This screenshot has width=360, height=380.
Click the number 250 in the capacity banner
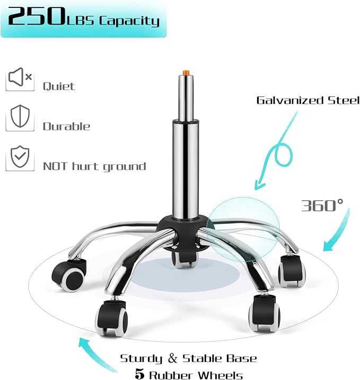tap(36, 16)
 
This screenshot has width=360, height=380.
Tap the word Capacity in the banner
tap(129, 21)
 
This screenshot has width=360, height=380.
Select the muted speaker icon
tap(20, 77)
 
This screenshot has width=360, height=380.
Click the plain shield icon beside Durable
tap(20, 116)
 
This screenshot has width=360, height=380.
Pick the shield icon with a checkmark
tap(20, 156)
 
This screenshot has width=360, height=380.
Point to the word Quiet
tap(59, 86)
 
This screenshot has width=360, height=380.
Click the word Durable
tap(66, 126)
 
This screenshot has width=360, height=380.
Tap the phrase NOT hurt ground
tap(94, 167)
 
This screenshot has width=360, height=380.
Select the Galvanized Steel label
tap(308, 100)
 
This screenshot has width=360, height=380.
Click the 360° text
tap(322, 205)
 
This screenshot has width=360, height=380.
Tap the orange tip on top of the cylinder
tap(186, 73)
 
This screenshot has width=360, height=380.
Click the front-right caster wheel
tap(265, 313)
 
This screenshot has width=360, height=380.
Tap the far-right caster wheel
tap(292, 271)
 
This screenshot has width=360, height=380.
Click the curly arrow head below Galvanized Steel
tap(259, 185)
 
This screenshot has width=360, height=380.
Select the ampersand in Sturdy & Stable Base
tap(172, 358)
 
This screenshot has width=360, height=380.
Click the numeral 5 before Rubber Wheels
tap(139, 374)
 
